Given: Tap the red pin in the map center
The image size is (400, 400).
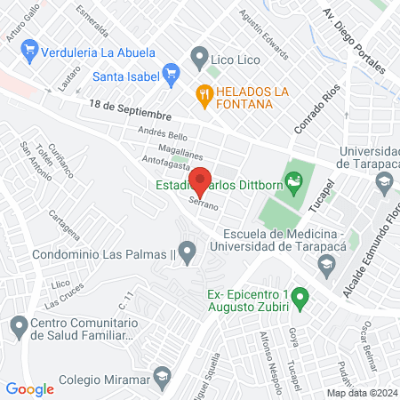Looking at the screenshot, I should coord(201,180).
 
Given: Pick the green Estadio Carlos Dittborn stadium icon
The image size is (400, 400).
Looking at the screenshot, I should coord(294,185).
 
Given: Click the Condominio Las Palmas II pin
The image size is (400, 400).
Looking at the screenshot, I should coord(187,255).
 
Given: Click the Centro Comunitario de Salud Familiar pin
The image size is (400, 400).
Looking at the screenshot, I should coord(18,328).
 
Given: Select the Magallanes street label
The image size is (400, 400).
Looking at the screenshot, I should coord(162,148).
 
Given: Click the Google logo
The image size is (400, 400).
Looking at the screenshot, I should coord(30,388).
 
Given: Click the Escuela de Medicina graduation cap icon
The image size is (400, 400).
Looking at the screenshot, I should coord(328,264).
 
